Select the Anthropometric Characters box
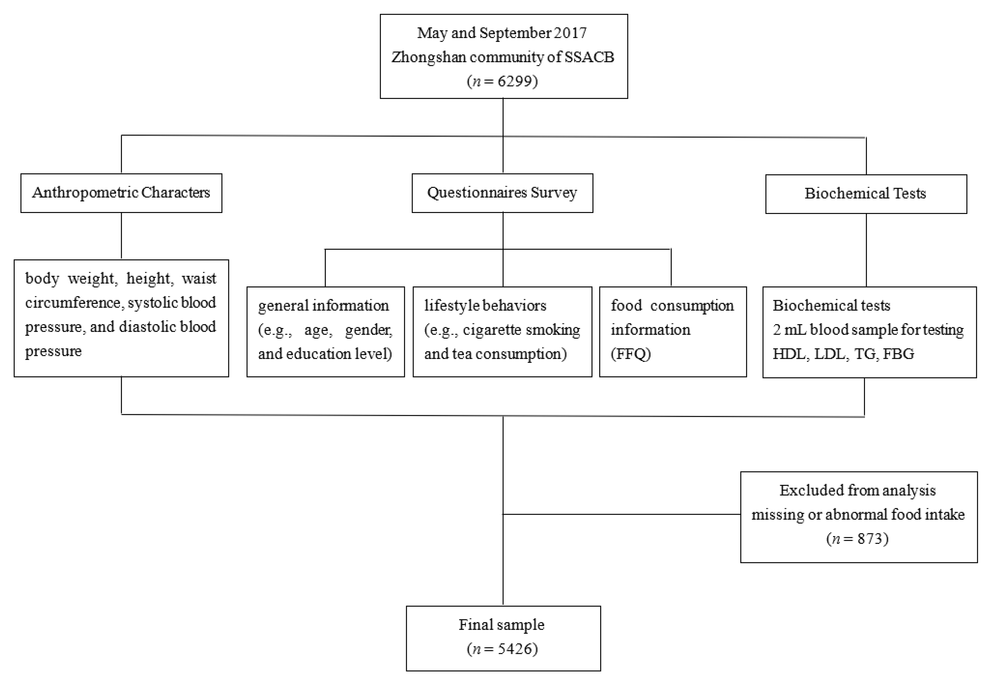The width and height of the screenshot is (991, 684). pyautogui.click(x=121, y=193)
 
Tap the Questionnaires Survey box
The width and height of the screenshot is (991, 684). pyautogui.click(x=502, y=193)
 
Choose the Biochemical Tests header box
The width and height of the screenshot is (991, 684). pyautogui.click(x=865, y=194)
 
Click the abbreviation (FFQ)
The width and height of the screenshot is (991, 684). pyautogui.click(x=631, y=354)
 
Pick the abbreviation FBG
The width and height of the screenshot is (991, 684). pyautogui.click(x=899, y=354)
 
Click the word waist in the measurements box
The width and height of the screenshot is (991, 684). pyautogui.click(x=199, y=278)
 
